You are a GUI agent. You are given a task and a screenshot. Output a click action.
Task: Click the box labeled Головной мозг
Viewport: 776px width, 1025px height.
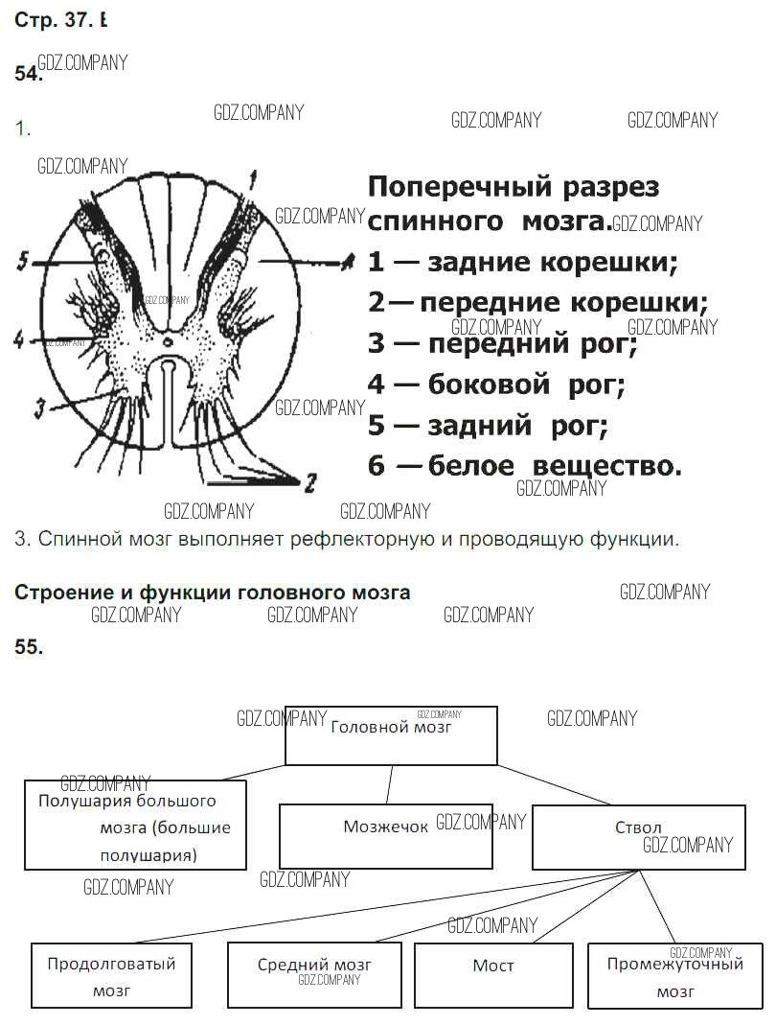click(391, 735)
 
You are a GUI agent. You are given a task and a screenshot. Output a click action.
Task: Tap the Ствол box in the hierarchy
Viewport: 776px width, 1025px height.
click(638, 836)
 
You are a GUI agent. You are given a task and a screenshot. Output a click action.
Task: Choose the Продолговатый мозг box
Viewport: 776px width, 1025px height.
click(111, 976)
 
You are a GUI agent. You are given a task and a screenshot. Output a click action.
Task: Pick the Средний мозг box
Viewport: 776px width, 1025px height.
click(314, 974)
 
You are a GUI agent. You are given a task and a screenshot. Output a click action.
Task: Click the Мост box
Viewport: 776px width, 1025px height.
click(493, 974)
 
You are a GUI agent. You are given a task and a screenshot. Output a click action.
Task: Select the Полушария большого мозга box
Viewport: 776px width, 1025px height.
click(135, 825)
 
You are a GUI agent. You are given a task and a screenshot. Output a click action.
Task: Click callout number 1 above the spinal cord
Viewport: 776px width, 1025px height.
click(253, 176)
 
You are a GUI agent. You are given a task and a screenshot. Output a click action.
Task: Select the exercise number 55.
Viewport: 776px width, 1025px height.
click(29, 647)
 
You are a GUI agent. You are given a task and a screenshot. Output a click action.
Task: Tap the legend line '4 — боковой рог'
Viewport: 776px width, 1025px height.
click(496, 385)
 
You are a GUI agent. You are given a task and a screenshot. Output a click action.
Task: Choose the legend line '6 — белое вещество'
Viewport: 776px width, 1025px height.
click(524, 466)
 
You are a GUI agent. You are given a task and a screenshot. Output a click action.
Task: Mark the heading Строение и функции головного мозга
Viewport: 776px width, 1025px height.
click(212, 593)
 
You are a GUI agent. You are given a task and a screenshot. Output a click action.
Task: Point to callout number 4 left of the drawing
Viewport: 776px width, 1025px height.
click(18, 338)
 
